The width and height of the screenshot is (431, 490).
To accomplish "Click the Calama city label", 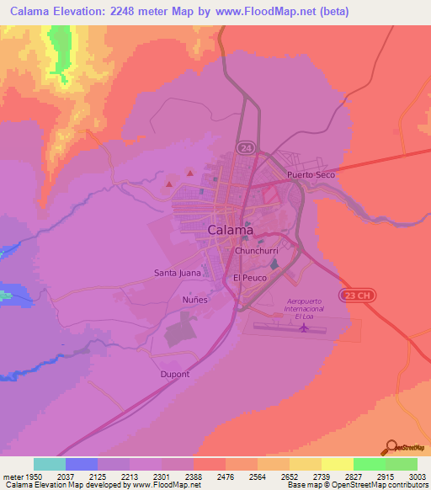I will pyautogui.click(x=230, y=230).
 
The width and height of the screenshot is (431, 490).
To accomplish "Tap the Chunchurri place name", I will pyautogui.click(x=257, y=251).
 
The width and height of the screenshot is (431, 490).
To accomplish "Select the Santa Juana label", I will pyautogui.click(x=177, y=272).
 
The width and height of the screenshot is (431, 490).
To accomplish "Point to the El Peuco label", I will pyautogui.click(x=249, y=277).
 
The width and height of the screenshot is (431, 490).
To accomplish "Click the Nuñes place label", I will pyautogui.click(x=194, y=299).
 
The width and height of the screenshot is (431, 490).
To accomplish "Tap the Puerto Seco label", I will pyautogui.click(x=311, y=174).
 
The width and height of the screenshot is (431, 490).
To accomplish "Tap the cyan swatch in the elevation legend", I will pyautogui.click(x=50, y=464).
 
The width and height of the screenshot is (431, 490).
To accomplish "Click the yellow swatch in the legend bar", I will pyautogui.click(x=338, y=464).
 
